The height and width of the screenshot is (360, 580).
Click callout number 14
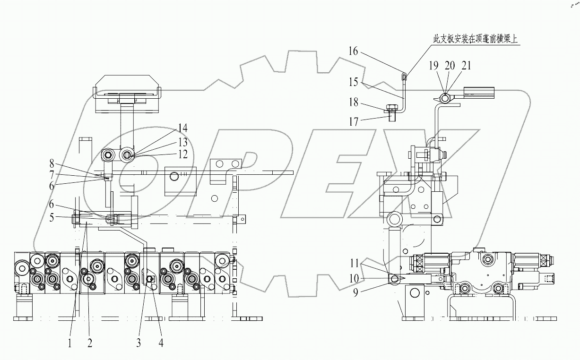coord(182,128)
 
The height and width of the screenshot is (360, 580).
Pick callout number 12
coord(182,154)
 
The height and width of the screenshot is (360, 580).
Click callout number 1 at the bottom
coord(69,343)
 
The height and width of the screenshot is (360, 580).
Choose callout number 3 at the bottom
coord(139,343)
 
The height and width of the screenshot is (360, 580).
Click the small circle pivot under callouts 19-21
coord(444,98)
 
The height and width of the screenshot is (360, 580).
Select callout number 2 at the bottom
coord(89,343)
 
